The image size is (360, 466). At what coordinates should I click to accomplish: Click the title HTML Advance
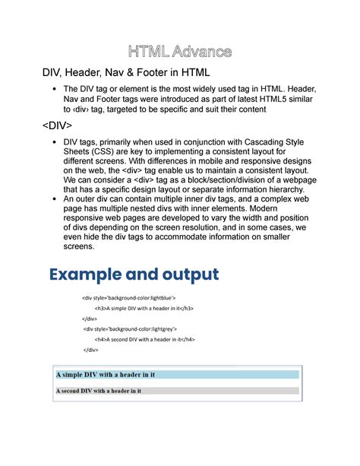[180, 52]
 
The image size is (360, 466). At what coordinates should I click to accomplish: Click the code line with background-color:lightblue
[129, 298]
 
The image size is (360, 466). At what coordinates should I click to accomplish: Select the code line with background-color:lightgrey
[131, 328]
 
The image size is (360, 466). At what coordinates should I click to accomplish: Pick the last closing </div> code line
[91, 350]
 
